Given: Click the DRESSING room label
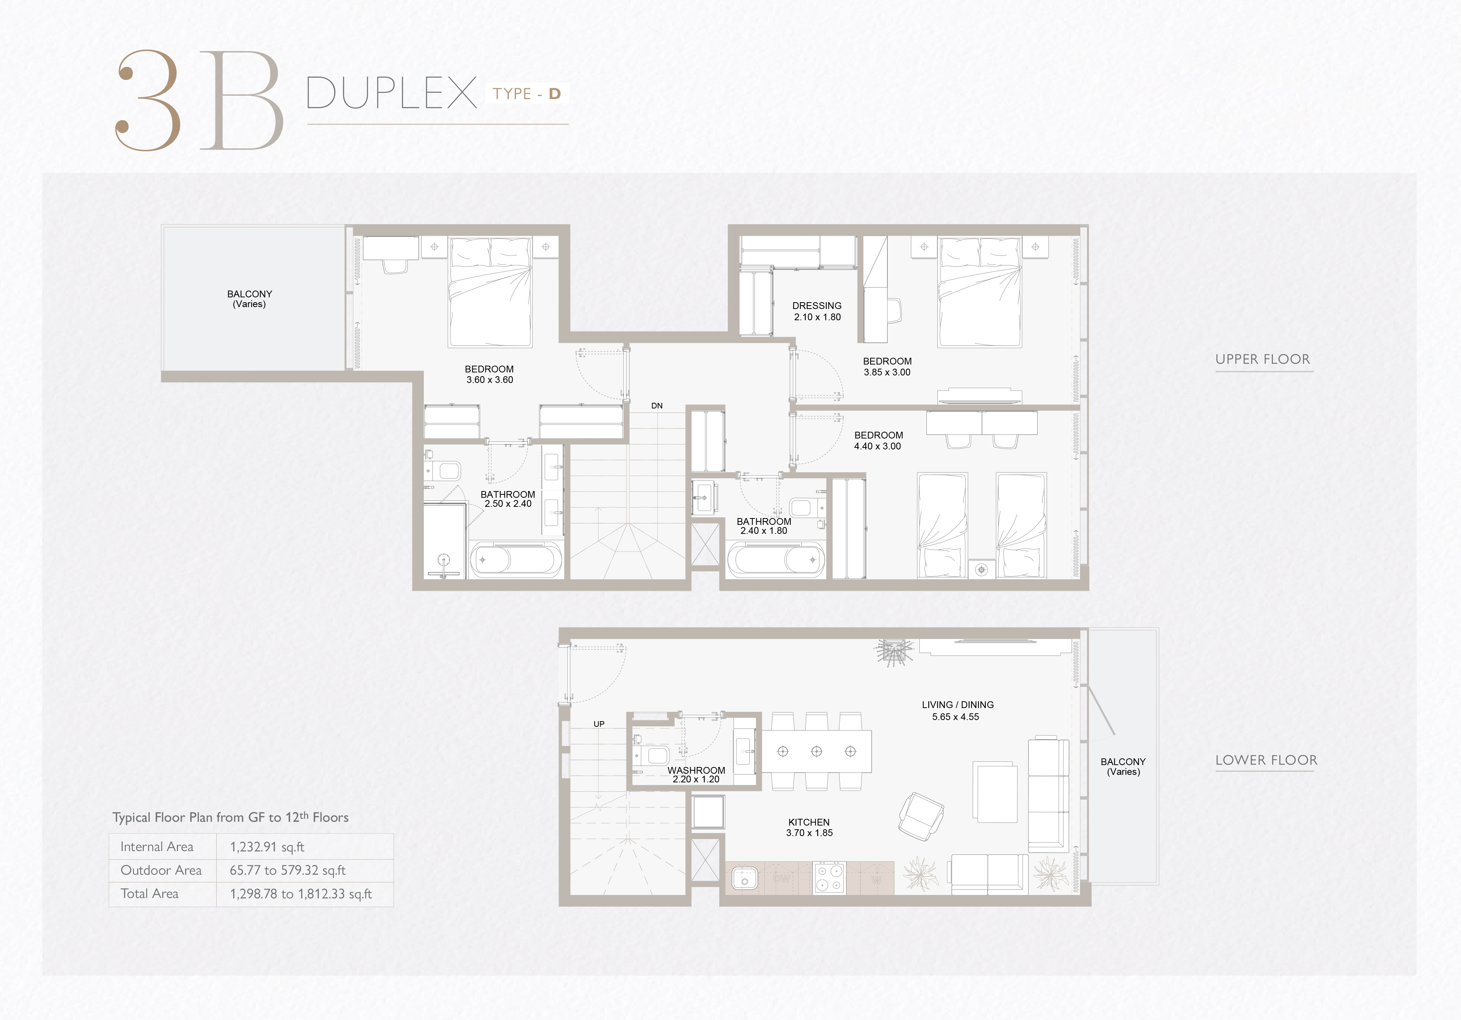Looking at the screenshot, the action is coord(817,306).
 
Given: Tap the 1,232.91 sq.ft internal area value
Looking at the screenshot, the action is coord(267,847).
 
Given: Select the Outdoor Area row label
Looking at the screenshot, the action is coord(161,871).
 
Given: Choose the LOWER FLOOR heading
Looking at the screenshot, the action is coord(1266,760).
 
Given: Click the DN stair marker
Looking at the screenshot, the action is coord(657,405).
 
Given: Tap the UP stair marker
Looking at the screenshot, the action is coord(599,724).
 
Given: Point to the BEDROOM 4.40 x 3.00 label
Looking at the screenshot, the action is coord(878,440).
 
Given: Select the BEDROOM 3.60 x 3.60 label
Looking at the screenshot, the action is coord(490,374).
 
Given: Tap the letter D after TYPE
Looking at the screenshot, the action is coord(555,94).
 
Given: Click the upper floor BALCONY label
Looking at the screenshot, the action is coord(249,299).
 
